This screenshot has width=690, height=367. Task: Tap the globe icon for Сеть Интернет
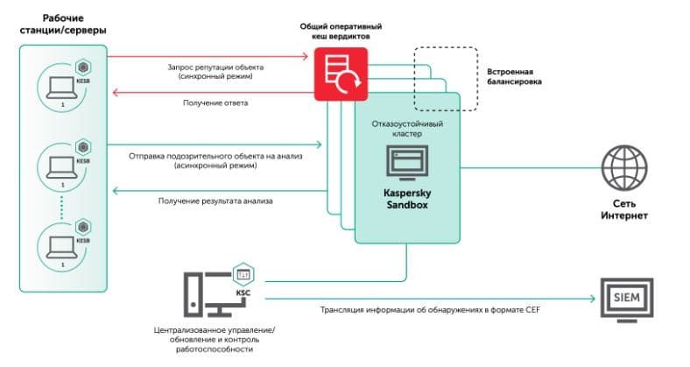coord(623,166)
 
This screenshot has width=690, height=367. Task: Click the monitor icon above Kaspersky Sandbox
coord(407,164)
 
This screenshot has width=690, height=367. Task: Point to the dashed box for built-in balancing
coord(446,79)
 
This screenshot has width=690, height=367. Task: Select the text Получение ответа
coord(215,103)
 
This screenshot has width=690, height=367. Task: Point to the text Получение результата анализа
coord(215,201)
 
